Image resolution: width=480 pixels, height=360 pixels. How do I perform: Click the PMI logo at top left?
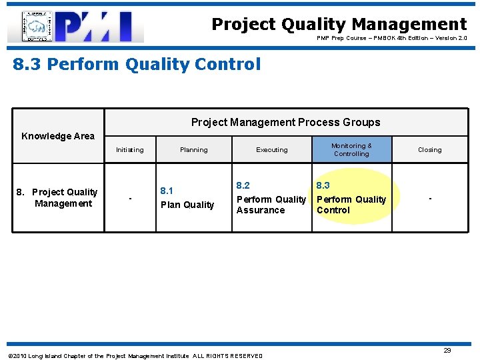[75, 27]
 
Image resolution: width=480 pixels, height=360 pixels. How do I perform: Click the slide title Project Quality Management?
[339, 25]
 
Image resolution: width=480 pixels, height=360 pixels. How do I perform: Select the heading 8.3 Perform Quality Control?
[137, 65]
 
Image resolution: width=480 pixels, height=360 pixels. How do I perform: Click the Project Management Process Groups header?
[285, 122]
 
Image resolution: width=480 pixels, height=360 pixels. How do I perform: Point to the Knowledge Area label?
[58, 136]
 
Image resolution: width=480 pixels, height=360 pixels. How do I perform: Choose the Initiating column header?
[129, 150]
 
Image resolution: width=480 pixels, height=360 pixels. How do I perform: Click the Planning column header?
[193, 150]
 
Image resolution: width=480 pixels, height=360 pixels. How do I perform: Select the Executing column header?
[272, 150]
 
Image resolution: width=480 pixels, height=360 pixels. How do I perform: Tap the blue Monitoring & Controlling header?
[351, 150]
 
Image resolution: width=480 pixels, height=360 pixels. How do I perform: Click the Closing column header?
[429, 150]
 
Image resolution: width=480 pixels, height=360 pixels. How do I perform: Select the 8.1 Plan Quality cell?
[187, 198]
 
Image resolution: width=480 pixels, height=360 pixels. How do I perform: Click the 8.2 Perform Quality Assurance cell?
[271, 198]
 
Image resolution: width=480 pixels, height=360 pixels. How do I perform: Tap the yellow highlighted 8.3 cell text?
[351, 199]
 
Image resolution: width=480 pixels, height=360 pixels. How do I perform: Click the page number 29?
[447, 351]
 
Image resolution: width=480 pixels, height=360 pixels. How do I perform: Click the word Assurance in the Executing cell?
[261, 210]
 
